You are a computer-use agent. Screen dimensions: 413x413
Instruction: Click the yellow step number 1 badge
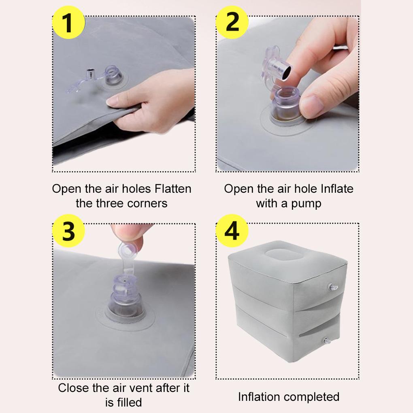click(69, 22)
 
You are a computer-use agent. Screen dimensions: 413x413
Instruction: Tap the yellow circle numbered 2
click(232, 22)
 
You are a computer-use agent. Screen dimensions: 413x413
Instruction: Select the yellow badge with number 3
click(69, 231)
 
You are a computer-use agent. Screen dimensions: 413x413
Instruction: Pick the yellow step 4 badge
click(232, 231)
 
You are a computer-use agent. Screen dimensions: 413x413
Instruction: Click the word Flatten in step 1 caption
click(173, 189)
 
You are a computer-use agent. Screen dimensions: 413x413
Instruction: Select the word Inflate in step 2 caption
click(337, 189)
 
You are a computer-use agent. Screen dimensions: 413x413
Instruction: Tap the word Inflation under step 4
click(259, 397)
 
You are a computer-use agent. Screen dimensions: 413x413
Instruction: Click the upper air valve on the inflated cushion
click(333, 287)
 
